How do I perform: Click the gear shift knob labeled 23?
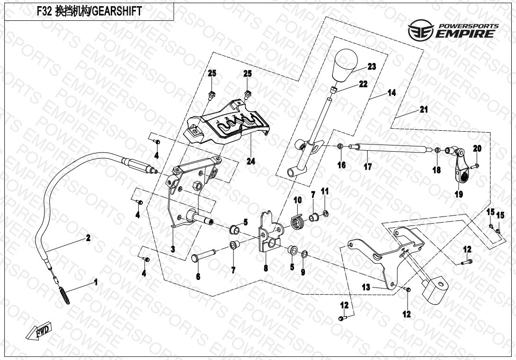point(347,66)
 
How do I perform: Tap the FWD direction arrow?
point(40,331)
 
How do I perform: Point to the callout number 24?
point(250,162)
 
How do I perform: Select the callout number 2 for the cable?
point(88,238)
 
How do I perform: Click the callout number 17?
point(368,167)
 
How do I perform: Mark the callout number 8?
point(266,268)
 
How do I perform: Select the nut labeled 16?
point(341,147)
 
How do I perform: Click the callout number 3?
point(173,248)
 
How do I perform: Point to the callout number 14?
point(391,93)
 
